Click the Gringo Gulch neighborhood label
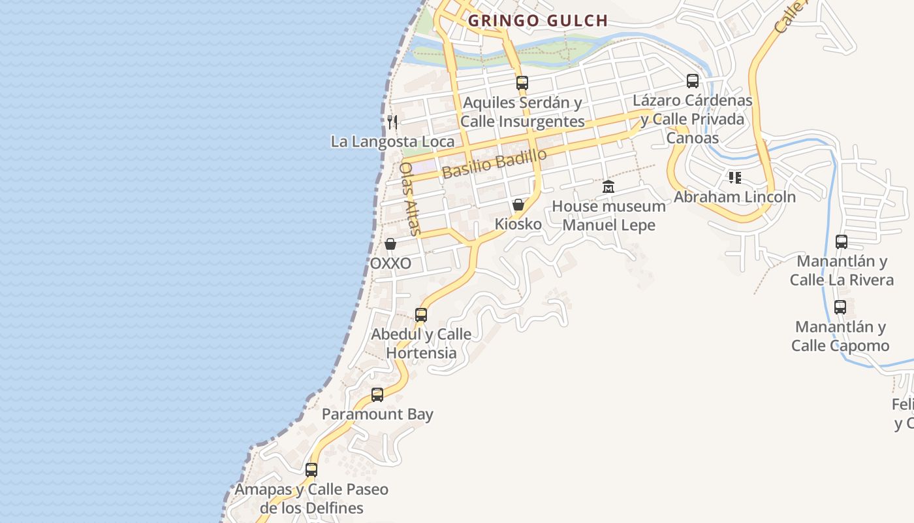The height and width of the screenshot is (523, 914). point(537,21)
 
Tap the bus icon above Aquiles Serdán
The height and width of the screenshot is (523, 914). point(522,82)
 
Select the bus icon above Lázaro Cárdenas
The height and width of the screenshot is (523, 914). point(693,81)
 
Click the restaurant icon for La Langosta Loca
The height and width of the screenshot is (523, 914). point(392,122)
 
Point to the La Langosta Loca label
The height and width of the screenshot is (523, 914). point(392,141)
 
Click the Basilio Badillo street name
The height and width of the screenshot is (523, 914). point(494,163)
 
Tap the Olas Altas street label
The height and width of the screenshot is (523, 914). point(410,197)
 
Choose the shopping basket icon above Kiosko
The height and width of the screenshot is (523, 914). point(518,205)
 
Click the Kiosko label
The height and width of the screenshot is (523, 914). point(518,224)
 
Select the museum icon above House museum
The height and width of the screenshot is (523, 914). point(608,187)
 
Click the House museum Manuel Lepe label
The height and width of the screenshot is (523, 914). point(608,216)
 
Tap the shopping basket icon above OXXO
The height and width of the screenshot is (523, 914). point(390,244)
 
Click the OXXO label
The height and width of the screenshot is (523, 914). point(390,263)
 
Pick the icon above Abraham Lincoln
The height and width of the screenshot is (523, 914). point(735,177)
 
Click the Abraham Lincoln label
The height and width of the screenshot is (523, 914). point(735,197)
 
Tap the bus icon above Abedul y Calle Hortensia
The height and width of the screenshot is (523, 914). point(421,315)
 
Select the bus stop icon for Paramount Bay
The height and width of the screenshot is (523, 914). point(377,395)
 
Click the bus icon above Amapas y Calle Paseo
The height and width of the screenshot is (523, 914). point(311,470)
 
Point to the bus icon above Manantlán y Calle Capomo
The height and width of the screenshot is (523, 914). point(840,307)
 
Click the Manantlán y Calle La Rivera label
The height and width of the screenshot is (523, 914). point(842,271)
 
